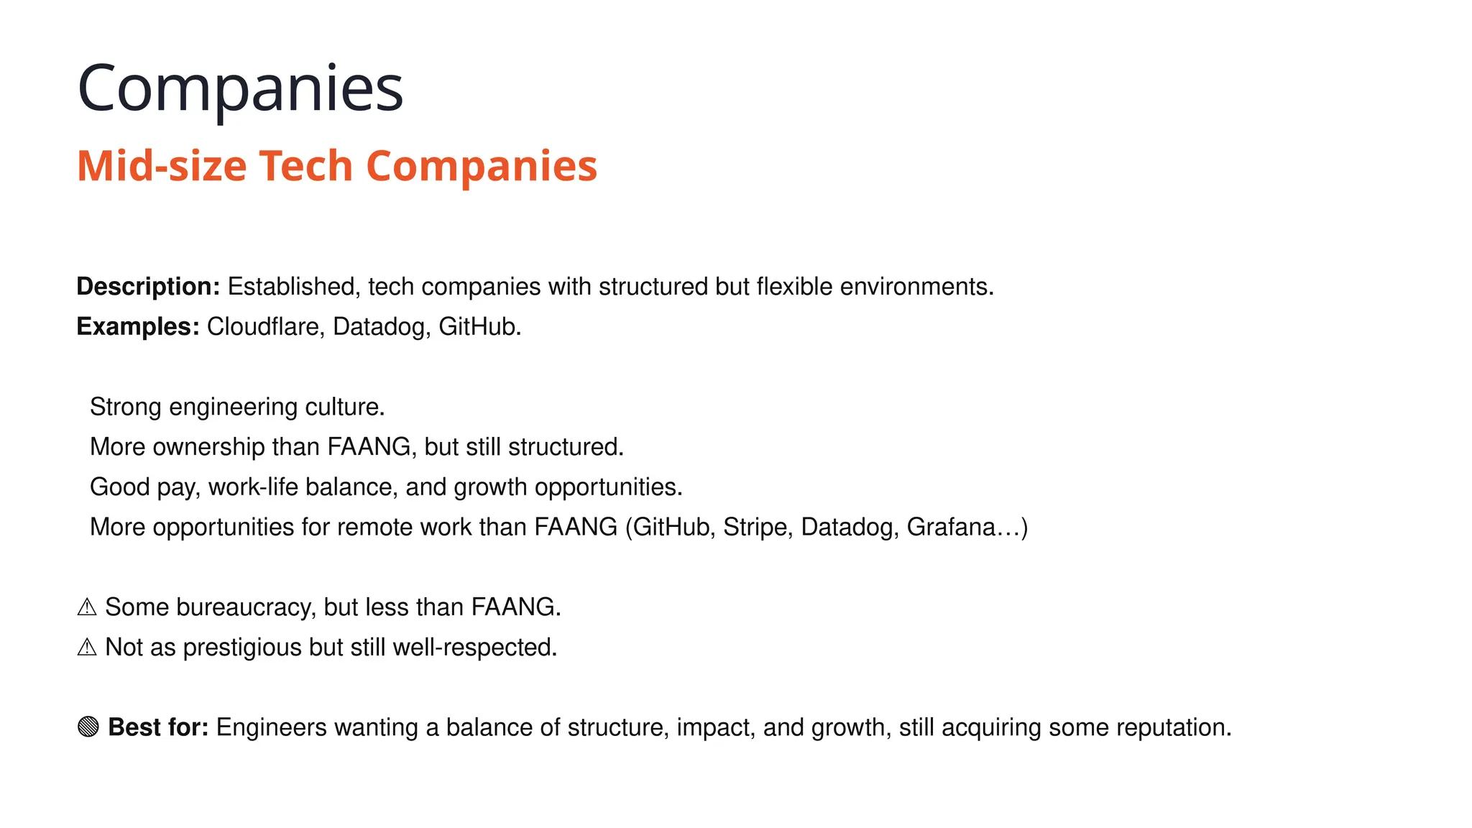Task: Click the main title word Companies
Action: point(240,89)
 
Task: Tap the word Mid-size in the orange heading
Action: point(162,166)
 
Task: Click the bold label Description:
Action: point(148,287)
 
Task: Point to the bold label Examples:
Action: point(138,327)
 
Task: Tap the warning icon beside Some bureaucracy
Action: point(87,607)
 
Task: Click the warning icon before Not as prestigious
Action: point(87,648)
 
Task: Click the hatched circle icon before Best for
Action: point(88,727)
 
